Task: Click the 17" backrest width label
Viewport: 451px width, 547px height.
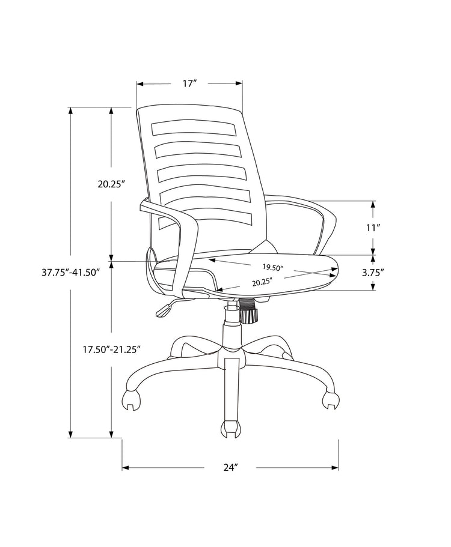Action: tap(190, 84)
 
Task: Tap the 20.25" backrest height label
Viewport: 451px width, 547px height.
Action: tap(111, 184)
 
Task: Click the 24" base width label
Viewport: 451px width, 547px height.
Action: tap(231, 468)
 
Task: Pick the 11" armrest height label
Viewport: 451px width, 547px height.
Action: tap(374, 228)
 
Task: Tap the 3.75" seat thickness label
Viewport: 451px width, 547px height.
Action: tap(373, 272)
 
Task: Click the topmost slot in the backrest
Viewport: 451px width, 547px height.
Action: tap(194, 129)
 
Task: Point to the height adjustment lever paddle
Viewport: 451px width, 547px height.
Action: tap(164, 310)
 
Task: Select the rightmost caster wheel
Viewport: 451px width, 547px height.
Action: tap(330, 399)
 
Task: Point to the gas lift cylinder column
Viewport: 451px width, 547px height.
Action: tap(231, 327)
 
